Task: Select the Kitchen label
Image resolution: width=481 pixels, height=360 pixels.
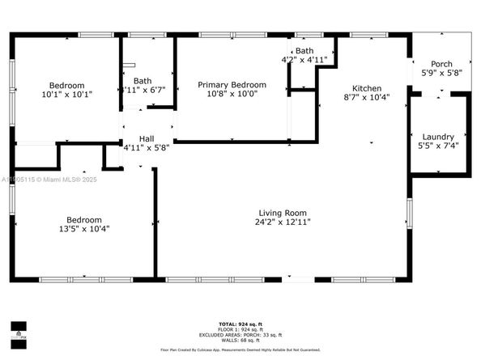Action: point(366,88)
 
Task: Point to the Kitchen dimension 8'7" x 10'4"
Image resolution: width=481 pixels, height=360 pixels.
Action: point(366,98)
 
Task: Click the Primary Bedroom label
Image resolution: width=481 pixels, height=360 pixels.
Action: point(232,84)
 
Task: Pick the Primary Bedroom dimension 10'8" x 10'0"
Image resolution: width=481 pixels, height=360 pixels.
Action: point(232,94)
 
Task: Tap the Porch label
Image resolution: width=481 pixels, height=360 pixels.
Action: point(441,64)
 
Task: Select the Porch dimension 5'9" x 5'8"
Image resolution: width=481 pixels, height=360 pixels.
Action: point(441,74)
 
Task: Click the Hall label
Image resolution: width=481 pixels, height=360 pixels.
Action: point(146,138)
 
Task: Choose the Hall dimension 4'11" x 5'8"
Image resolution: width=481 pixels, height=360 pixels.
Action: point(146,148)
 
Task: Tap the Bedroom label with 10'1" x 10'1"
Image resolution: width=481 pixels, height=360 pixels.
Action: point(66,85)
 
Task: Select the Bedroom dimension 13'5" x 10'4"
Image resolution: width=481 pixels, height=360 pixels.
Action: point(84,229)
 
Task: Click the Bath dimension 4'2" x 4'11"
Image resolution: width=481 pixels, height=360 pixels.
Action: point(304,60)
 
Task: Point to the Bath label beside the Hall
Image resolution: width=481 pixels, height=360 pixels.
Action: point(143,80)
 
